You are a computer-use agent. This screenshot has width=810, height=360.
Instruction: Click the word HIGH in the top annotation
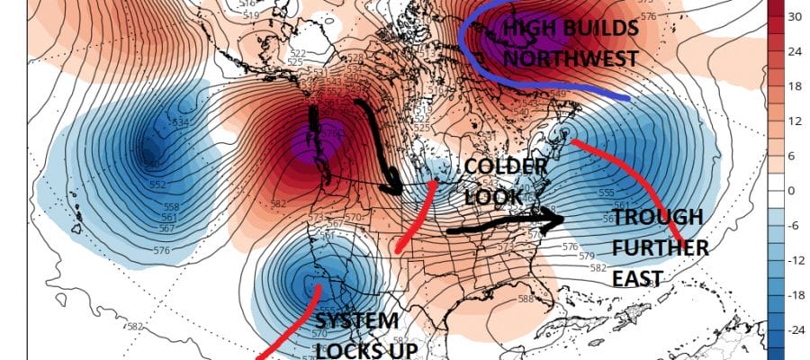point(526,30)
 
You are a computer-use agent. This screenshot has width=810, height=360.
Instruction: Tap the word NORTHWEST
point(570,59)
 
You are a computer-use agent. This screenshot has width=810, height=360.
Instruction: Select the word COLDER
point(506,167)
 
